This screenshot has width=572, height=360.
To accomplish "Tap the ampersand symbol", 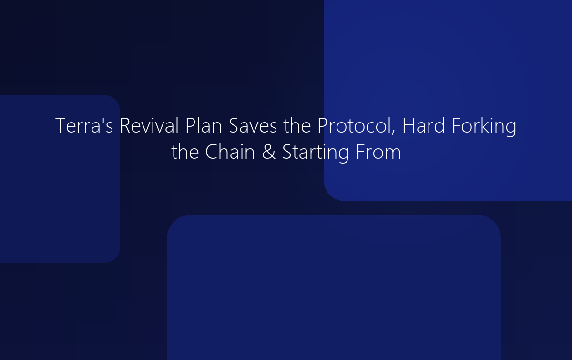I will point(269,153).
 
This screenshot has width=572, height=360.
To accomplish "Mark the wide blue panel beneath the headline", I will point(334,286).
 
